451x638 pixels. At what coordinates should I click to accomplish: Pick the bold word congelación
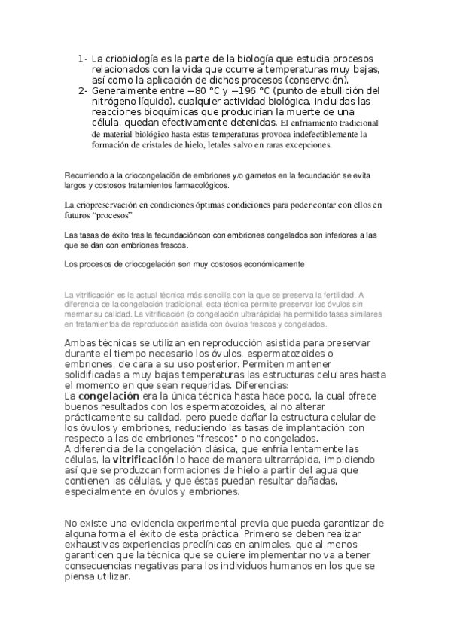point(109,395)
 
